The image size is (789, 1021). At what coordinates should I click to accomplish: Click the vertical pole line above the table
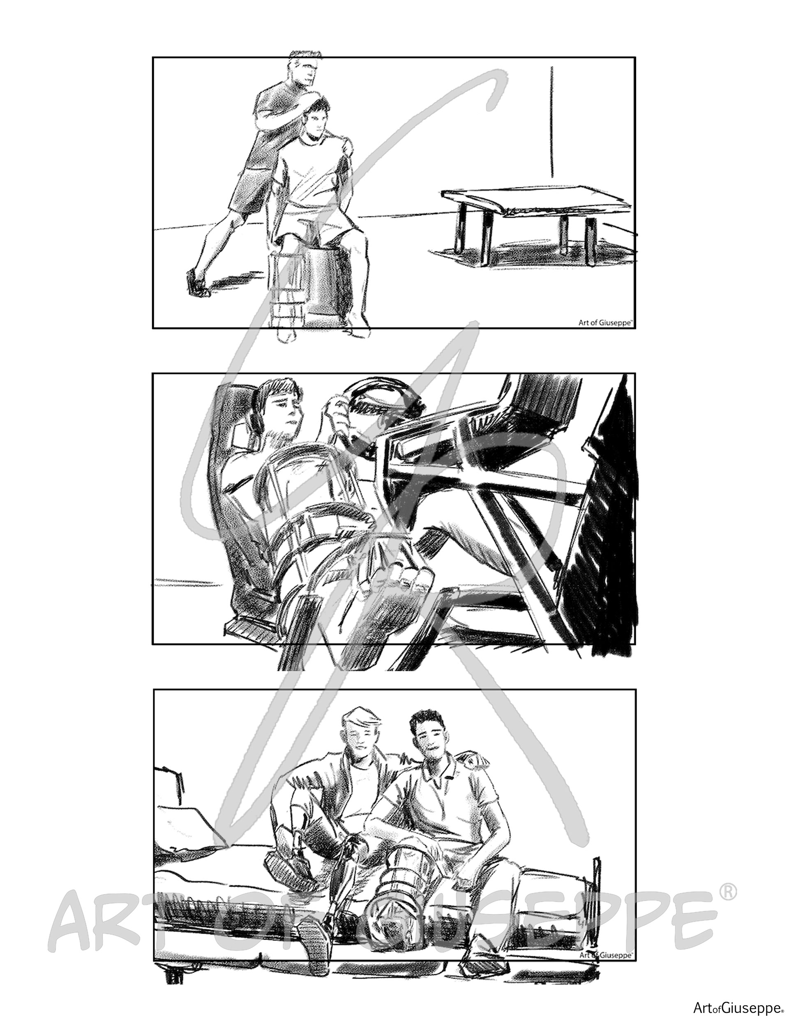[x=552, y=122]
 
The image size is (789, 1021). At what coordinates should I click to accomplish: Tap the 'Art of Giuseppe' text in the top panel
[x=605, y=322]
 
